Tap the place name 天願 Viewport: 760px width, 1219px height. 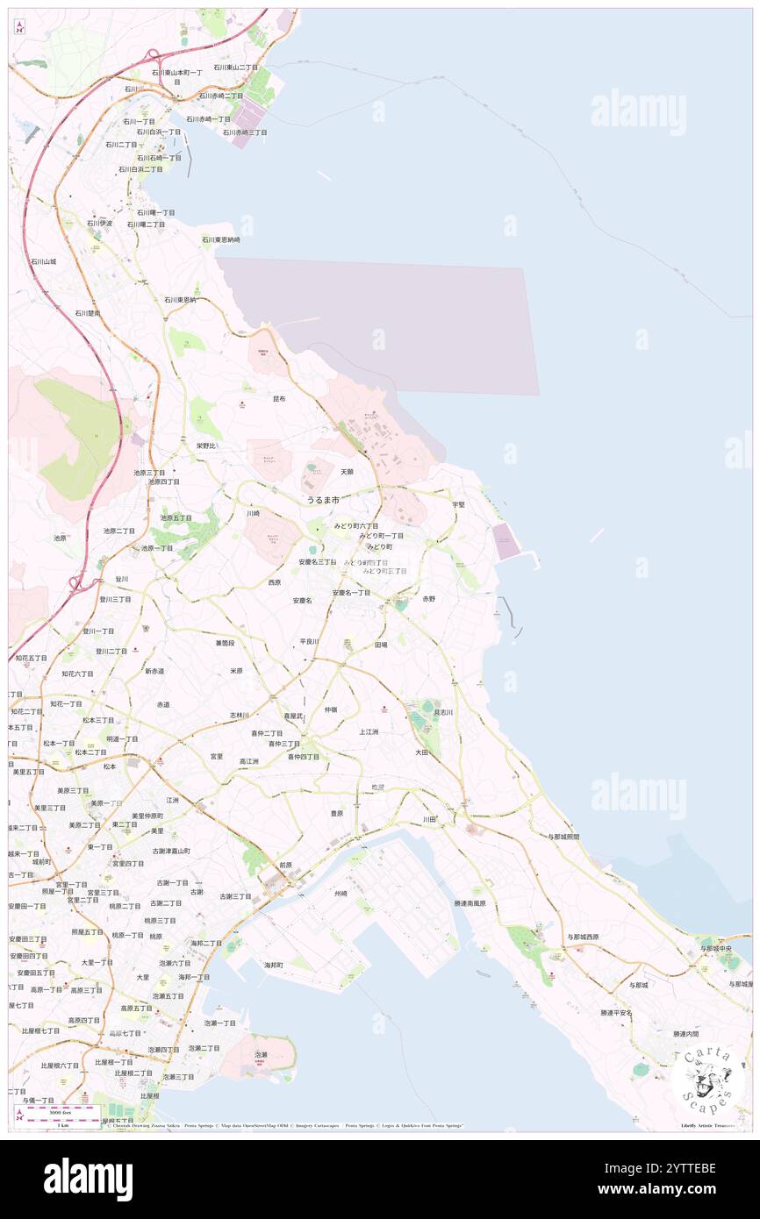coord(348,472)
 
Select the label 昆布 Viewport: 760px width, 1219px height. coord(279,398)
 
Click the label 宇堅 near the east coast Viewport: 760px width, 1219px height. coord(458,504)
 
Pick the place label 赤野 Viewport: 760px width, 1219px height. coord(428,598)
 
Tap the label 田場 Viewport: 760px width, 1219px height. coord(381,645)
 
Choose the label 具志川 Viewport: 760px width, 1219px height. coord(443,713)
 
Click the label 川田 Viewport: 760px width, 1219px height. coord(429,819)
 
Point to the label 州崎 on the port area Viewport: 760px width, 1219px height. coord(341,894)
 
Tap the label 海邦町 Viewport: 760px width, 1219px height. coord(274,965)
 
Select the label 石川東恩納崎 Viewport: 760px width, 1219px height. coord(221,239)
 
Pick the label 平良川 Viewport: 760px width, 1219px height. coord(309,641)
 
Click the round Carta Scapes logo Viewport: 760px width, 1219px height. coord(707,1080)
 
